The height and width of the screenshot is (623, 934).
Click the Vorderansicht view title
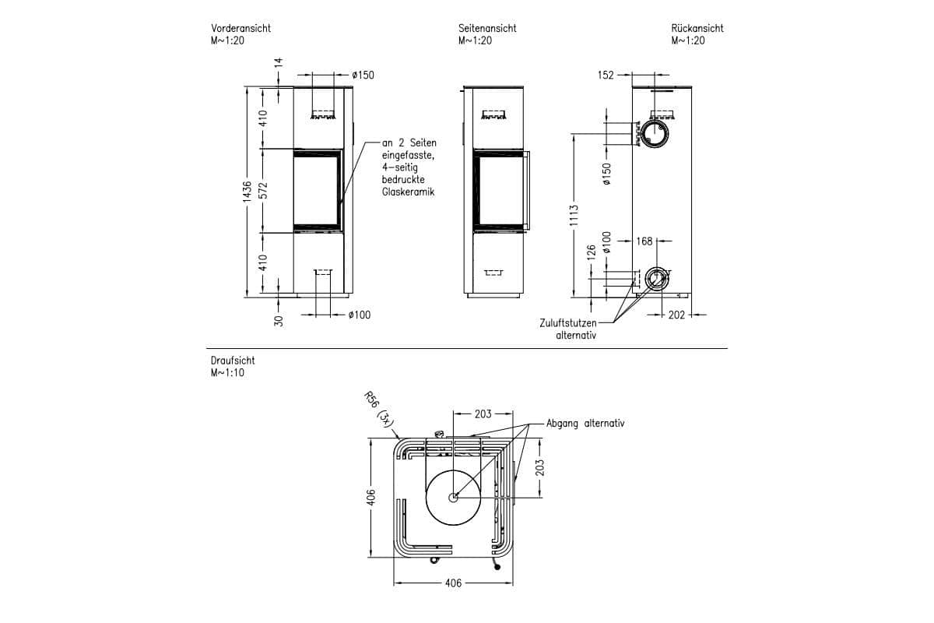pos(241,28)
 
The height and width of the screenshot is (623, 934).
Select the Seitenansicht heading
pos(487,28)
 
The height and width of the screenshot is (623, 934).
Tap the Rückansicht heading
pos(697,28)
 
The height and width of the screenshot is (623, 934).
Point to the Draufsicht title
pos(232,361)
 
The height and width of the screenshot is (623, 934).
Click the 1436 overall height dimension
pos(247,192)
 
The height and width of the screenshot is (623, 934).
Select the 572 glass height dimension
pos(263,192)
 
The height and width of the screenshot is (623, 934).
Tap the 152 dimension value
pos(606,76)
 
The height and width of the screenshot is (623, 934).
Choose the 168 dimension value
pos(644,241)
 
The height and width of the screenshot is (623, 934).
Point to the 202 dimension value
pos(676,315)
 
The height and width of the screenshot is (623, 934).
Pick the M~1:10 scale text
pos(227,373)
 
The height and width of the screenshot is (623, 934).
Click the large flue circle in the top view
pos(453,497)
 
